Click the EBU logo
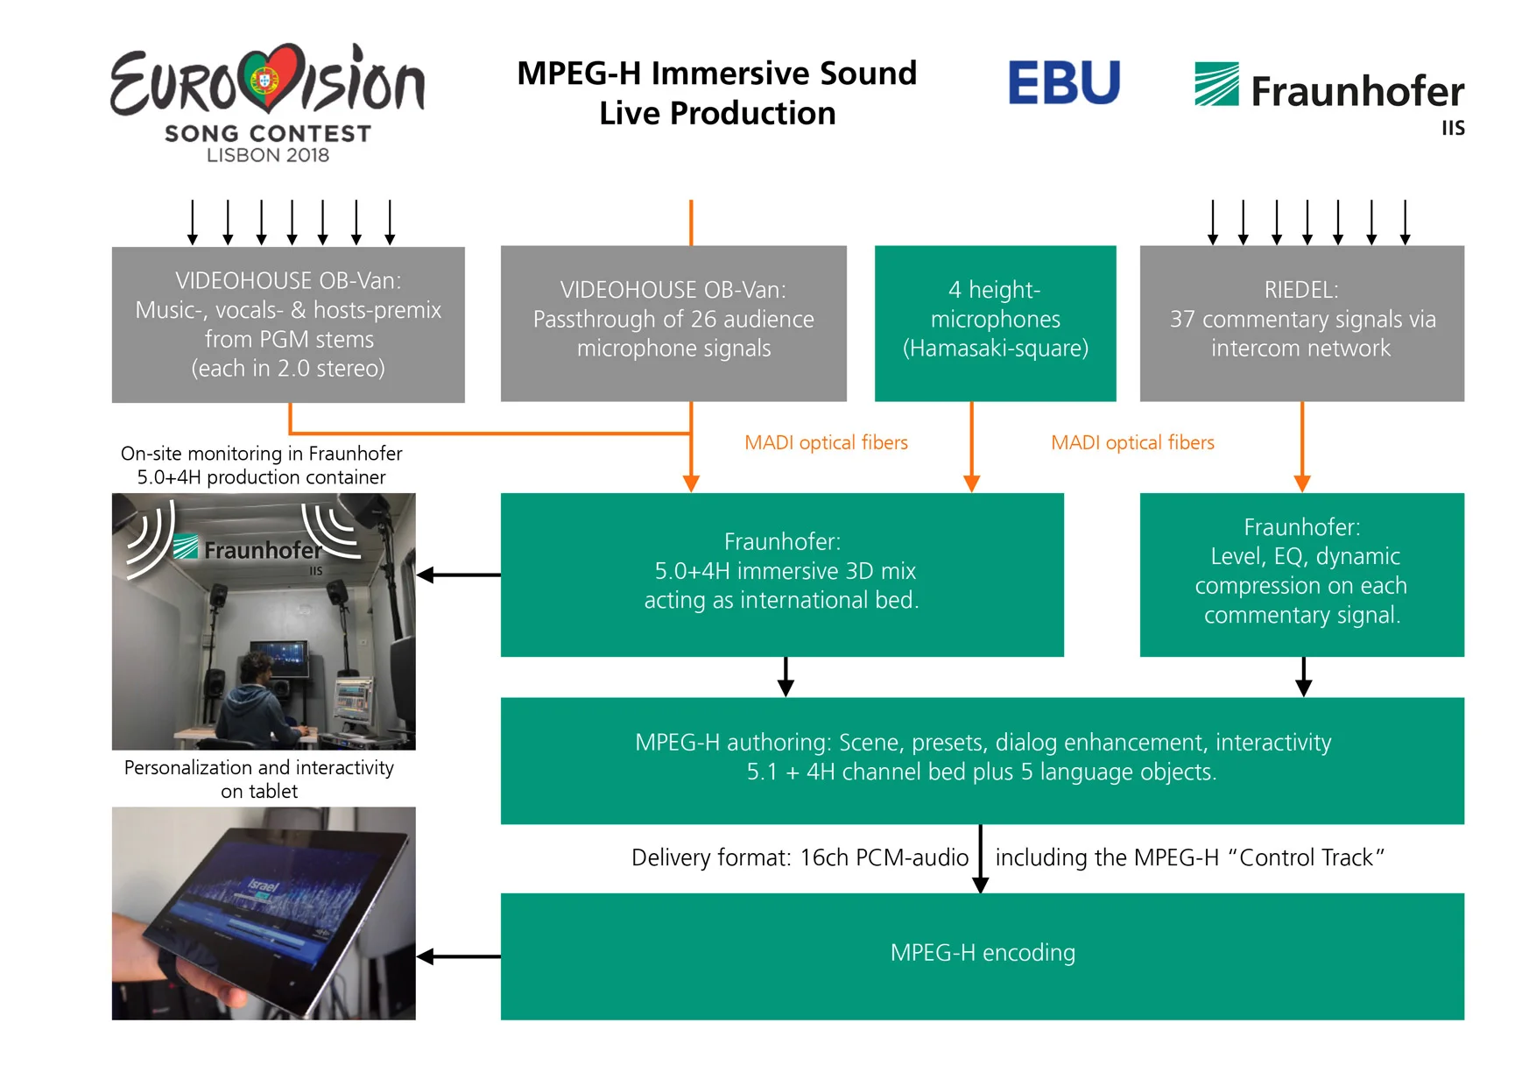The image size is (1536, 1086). (1063, 82)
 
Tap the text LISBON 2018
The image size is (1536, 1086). (268, 155)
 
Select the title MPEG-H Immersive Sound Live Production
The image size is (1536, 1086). (716, 93)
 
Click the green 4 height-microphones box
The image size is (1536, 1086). (995, 323)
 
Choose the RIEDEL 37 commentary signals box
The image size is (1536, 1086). (1301, 323)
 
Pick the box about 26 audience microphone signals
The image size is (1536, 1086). (673, 323)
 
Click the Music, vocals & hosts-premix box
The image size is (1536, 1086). (288, 324)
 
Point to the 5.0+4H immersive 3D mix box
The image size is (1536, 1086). (781, 574)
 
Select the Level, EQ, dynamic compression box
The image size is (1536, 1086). (1301, 574)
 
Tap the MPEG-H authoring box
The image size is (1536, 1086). (982, 759)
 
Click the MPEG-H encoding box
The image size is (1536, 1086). (982, 956)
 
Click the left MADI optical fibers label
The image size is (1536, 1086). (826, 443)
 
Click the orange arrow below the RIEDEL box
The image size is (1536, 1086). (1302, 447)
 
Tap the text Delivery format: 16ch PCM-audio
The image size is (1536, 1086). (800, 857)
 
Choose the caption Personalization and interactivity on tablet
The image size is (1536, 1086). (259, 779)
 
